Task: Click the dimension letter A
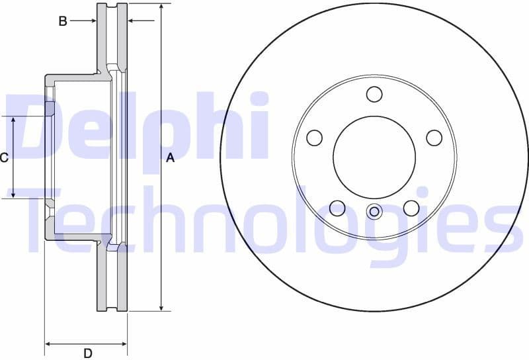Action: coord(170,157)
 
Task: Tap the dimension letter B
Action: coord(63,21)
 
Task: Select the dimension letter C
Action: coord(4,157)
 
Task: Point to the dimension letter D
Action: coord(87,353)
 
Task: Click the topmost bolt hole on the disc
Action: coord(374,94)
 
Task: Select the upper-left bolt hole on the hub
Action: coord(315,138)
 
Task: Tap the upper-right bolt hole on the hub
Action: coord(434,138)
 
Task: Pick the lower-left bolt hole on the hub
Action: coord(337,208)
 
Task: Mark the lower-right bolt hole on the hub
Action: coord(411,208)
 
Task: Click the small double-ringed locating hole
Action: coord(374,212)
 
